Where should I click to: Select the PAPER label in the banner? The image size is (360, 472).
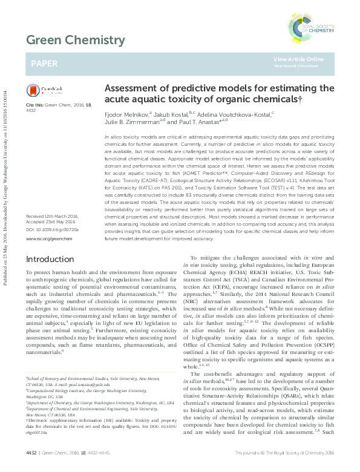click(x=44, y=62)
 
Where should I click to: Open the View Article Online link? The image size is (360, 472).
click(x=298, y=59)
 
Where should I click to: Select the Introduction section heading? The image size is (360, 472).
click(x=50, y=259)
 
